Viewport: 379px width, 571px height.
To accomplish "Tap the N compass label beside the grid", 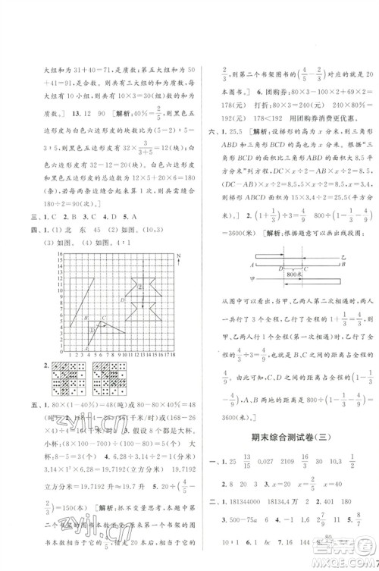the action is pos(196,260).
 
